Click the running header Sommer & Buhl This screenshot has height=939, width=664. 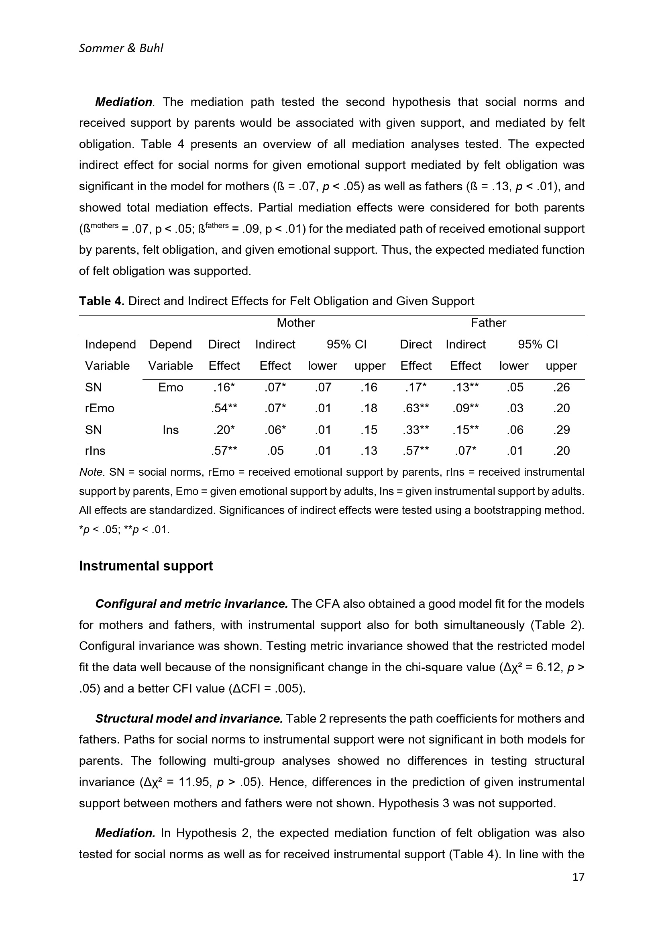point(120,48)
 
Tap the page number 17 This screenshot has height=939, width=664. point(578,877)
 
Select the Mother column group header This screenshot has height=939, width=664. point(295,323)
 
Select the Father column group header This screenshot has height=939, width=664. point(488,323)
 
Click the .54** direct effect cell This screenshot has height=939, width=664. point(224,408)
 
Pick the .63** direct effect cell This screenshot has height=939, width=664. point(416,408)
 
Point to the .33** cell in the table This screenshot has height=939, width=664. point(416,430)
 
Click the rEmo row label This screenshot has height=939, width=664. point(100,408)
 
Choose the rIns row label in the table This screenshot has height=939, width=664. point(95,451)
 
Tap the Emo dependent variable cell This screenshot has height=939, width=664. point(171,387)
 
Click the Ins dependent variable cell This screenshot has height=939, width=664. point(171,430)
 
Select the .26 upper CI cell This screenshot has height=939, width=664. point(561,387)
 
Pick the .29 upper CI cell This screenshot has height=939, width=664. point(561,430)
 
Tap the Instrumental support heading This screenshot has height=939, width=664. point(146,566)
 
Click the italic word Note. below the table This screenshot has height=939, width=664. point(92,473)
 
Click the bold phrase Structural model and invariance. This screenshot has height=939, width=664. point(189,719)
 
